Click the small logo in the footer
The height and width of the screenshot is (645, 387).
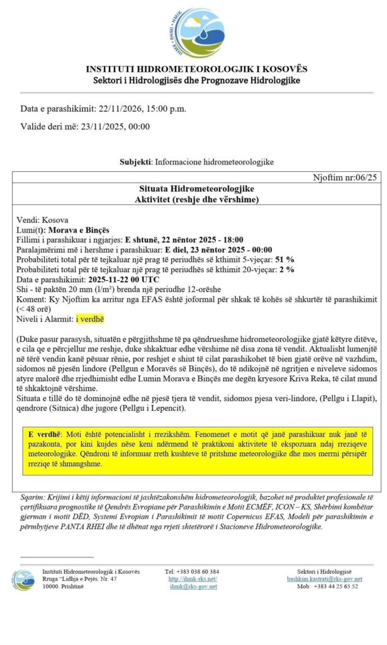point(23,579)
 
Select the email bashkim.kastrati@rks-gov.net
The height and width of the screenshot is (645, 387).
point(323,578)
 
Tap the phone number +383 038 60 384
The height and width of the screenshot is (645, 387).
point(192,571)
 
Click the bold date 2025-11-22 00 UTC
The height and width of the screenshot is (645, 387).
point(123,279)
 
